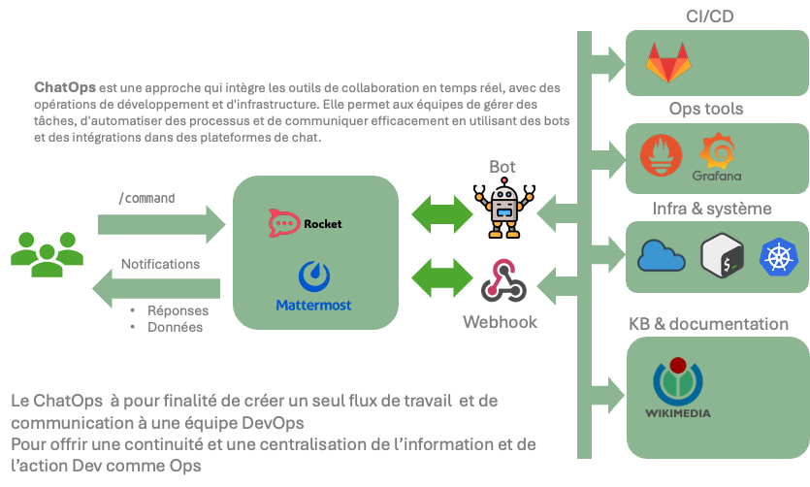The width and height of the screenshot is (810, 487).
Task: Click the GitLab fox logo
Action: click(669, 62)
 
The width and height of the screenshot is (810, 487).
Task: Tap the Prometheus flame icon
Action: click(661, 155)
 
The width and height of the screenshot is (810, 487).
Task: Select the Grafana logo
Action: click(718, 155)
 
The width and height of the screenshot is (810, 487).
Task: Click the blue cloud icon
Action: click(662, 256)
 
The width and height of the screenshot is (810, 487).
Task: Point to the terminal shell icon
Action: click(723, 256)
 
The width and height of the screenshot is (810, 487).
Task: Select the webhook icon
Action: click(502, 281)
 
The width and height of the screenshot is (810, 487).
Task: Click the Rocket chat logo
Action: click(283, 223)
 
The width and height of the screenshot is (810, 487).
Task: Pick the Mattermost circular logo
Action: click(313, 276)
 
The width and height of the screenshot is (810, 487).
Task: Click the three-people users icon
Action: click(47, 254)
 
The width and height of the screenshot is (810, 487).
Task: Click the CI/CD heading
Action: click(710, 16)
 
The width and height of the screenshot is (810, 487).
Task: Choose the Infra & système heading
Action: click(711, 208)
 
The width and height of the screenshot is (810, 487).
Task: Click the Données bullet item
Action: click(175, 327)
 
